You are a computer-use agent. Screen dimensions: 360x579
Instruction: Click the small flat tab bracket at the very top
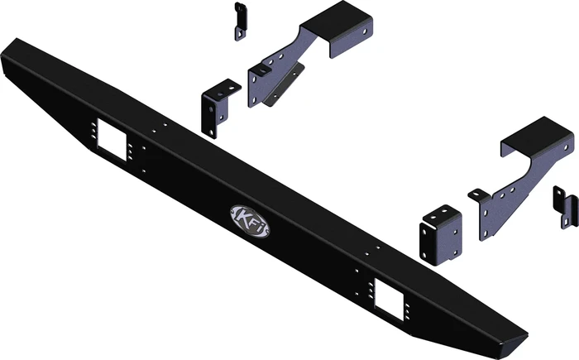[x=240, y=21]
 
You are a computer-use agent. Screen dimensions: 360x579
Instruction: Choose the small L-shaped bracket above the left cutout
[x=215, y=106]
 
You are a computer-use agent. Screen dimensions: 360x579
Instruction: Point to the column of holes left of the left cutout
[x=92, y=132]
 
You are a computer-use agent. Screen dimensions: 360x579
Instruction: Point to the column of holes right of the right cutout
[x=406, y=306]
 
